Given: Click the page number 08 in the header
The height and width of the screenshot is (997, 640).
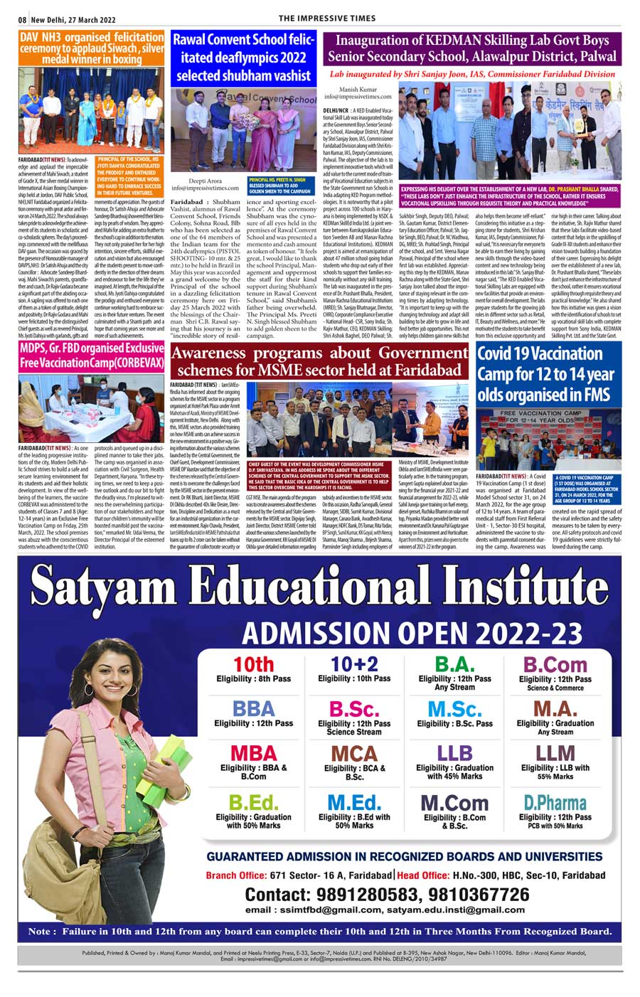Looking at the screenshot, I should (23, 18).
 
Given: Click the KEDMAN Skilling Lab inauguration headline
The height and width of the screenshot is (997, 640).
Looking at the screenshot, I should (472, 48).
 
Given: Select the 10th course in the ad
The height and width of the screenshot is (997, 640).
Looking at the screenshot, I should (254, 664).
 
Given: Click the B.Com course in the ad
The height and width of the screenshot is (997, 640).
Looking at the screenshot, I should (555, 664).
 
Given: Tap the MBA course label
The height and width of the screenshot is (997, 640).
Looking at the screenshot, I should (254, 753).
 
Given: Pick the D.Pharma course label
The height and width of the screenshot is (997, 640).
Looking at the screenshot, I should (555, 803).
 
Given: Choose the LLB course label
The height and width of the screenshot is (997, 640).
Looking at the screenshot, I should (454, 753).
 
